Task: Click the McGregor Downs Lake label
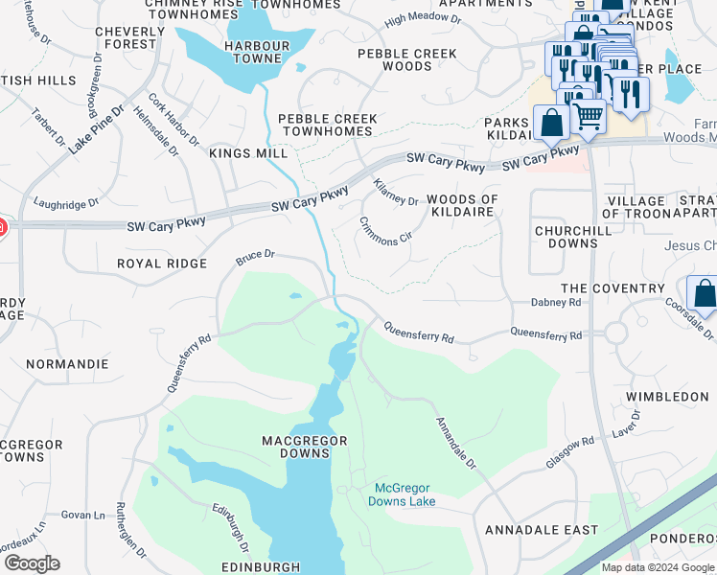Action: click(404, 494)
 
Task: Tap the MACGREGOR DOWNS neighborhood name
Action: click(305, 447)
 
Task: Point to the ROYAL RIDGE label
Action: click(161, 264)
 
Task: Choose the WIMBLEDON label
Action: click(667, 396)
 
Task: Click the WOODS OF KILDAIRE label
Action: click(463, 206)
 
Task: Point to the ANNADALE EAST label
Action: click(541, 530)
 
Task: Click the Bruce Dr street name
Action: click(256, 257)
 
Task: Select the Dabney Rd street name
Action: click(556, 302)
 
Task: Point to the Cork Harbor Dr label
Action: click(173, 119)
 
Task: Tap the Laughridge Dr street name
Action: click(66, 203)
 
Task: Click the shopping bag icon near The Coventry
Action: click(704, 295)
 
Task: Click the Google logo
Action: click(32, 563)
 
